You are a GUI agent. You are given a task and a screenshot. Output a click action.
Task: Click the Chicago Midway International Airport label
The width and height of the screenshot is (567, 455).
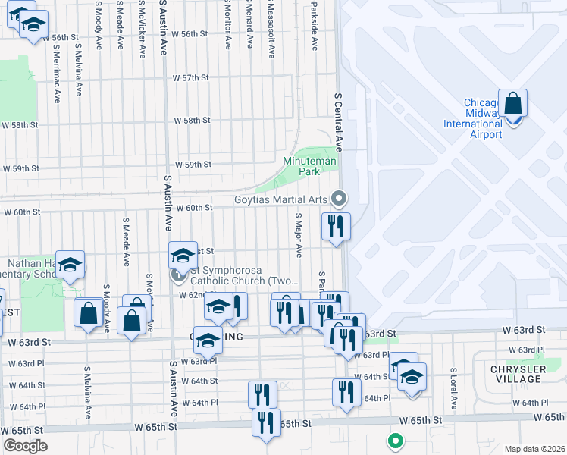pos(483,118)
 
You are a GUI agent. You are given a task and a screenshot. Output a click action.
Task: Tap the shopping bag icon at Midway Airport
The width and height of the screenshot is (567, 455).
pos(512,103)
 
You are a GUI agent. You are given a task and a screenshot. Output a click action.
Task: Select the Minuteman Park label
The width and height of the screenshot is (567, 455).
pos(301,166)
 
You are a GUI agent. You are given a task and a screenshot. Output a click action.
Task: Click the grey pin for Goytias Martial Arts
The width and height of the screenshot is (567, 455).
pos(339,199)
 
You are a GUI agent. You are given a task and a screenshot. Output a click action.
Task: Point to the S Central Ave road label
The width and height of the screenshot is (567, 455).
pos(339,123)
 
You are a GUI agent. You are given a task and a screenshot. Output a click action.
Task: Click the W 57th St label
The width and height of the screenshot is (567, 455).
pos(190,78)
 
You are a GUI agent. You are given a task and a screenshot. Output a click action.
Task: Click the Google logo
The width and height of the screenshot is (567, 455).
pos(25,445)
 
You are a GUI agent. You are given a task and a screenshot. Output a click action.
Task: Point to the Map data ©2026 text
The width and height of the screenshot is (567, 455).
pos(534,449)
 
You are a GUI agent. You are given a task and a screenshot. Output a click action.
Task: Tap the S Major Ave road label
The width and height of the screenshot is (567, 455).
pos(299,234)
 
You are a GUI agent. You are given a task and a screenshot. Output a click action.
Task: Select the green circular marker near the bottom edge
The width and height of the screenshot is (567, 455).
pos(394,440)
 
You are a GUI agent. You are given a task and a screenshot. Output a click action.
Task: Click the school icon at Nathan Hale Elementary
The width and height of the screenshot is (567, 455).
pos(69,265)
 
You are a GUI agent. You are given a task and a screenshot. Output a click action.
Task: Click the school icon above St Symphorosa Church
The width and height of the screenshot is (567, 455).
pos(182,255)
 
